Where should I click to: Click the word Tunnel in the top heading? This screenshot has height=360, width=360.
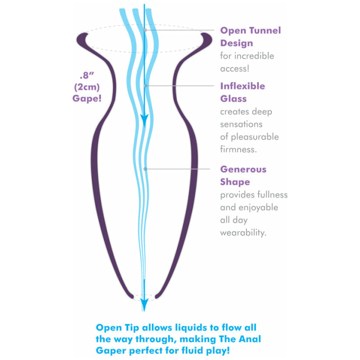coord(265,30)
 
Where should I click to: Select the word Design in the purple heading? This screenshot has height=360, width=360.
coord(237,43)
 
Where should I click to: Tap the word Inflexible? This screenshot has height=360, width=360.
coord(242,86)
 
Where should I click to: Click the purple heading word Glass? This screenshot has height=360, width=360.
coord(233,99)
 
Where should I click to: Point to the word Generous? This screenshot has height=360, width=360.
coord(243,169)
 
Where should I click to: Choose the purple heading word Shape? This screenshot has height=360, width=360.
coord(235,182)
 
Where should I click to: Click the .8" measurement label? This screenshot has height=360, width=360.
coord(87,75)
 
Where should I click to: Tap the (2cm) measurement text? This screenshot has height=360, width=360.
coord(87,87)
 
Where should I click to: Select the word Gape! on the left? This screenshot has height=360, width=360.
coord(87,99)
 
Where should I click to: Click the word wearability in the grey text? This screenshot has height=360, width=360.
coord(243,233)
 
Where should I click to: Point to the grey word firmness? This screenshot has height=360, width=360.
coord(238,150)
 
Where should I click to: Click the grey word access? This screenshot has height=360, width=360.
coord(235,68)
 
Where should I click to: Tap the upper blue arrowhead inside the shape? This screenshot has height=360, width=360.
coord(145,119)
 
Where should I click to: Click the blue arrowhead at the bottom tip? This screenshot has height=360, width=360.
coord(144,304)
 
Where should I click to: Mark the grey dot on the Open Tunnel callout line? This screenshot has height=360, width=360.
coord(146,30)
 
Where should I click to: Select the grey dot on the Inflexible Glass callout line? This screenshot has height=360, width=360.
coord(145,86)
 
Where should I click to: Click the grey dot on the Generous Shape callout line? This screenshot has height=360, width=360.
coord(145,169)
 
